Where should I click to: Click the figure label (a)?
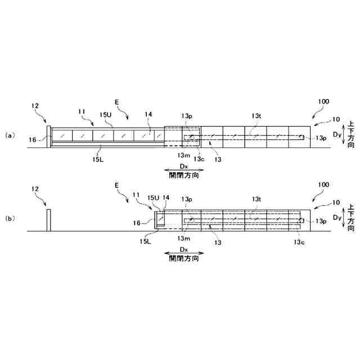[9, 136]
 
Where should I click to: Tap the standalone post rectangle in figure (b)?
[49, 220]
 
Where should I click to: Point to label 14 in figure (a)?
[148, 114]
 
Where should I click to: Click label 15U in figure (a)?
[106, 114]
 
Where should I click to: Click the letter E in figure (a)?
[116, 102]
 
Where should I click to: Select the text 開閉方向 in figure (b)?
[183, 259]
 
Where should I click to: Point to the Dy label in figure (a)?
[336, 135]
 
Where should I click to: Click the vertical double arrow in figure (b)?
[345, 218]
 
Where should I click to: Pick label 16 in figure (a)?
[33, 139]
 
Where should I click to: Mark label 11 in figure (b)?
[135, 194]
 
